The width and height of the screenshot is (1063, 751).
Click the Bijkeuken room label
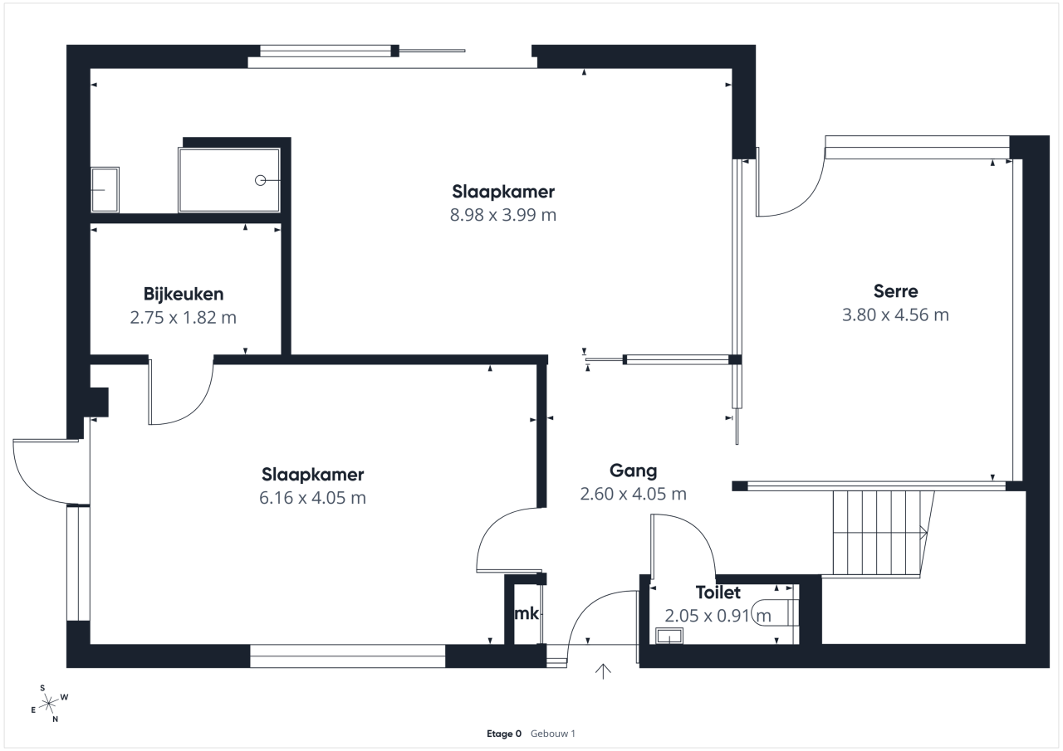coord(184,295)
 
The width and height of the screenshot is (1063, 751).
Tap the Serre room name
coord(895,291)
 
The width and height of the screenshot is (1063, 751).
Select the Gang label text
coord(633,471)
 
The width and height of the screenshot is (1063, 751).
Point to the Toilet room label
coord(718,593)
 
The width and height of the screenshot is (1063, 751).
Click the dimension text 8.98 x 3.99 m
coord(503,215)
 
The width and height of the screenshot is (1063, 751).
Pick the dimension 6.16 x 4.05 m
coord(312,498)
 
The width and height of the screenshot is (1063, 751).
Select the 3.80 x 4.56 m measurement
coord(895,315)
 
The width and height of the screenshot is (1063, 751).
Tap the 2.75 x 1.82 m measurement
coord(184,318)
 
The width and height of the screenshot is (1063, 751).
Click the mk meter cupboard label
coord(527,613)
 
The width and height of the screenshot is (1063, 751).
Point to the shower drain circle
coord(260,180)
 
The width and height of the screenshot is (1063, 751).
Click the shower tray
coord(229,180)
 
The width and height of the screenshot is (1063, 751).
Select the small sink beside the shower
coord(105,190)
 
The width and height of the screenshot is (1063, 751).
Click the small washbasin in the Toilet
coord(669,636)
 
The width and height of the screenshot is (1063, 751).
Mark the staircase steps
coord(878,534)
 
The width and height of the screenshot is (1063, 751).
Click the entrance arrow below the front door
coord(603,671)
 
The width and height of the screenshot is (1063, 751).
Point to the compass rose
coord(48,703)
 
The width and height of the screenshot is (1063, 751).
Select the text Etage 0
coord(504,734)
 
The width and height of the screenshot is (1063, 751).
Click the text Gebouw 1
coord(553,734)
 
